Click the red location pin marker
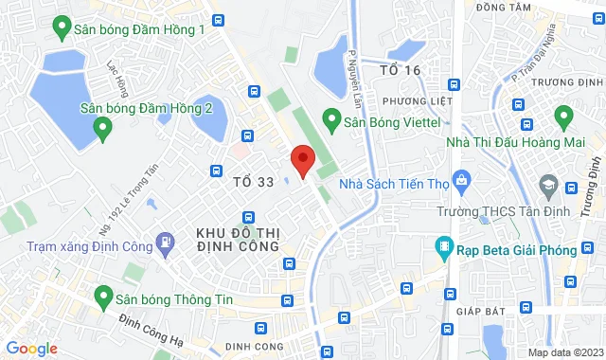(x=302, y=162)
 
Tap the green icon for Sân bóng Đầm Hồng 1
(x=62, y=27)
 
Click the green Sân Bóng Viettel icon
(x=331, y=120)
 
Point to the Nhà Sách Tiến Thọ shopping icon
(x=461, y=179)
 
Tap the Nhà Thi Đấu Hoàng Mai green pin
(x=564, y=118)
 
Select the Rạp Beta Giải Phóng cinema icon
(x=443, y=249)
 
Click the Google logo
(x=31, y=349)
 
